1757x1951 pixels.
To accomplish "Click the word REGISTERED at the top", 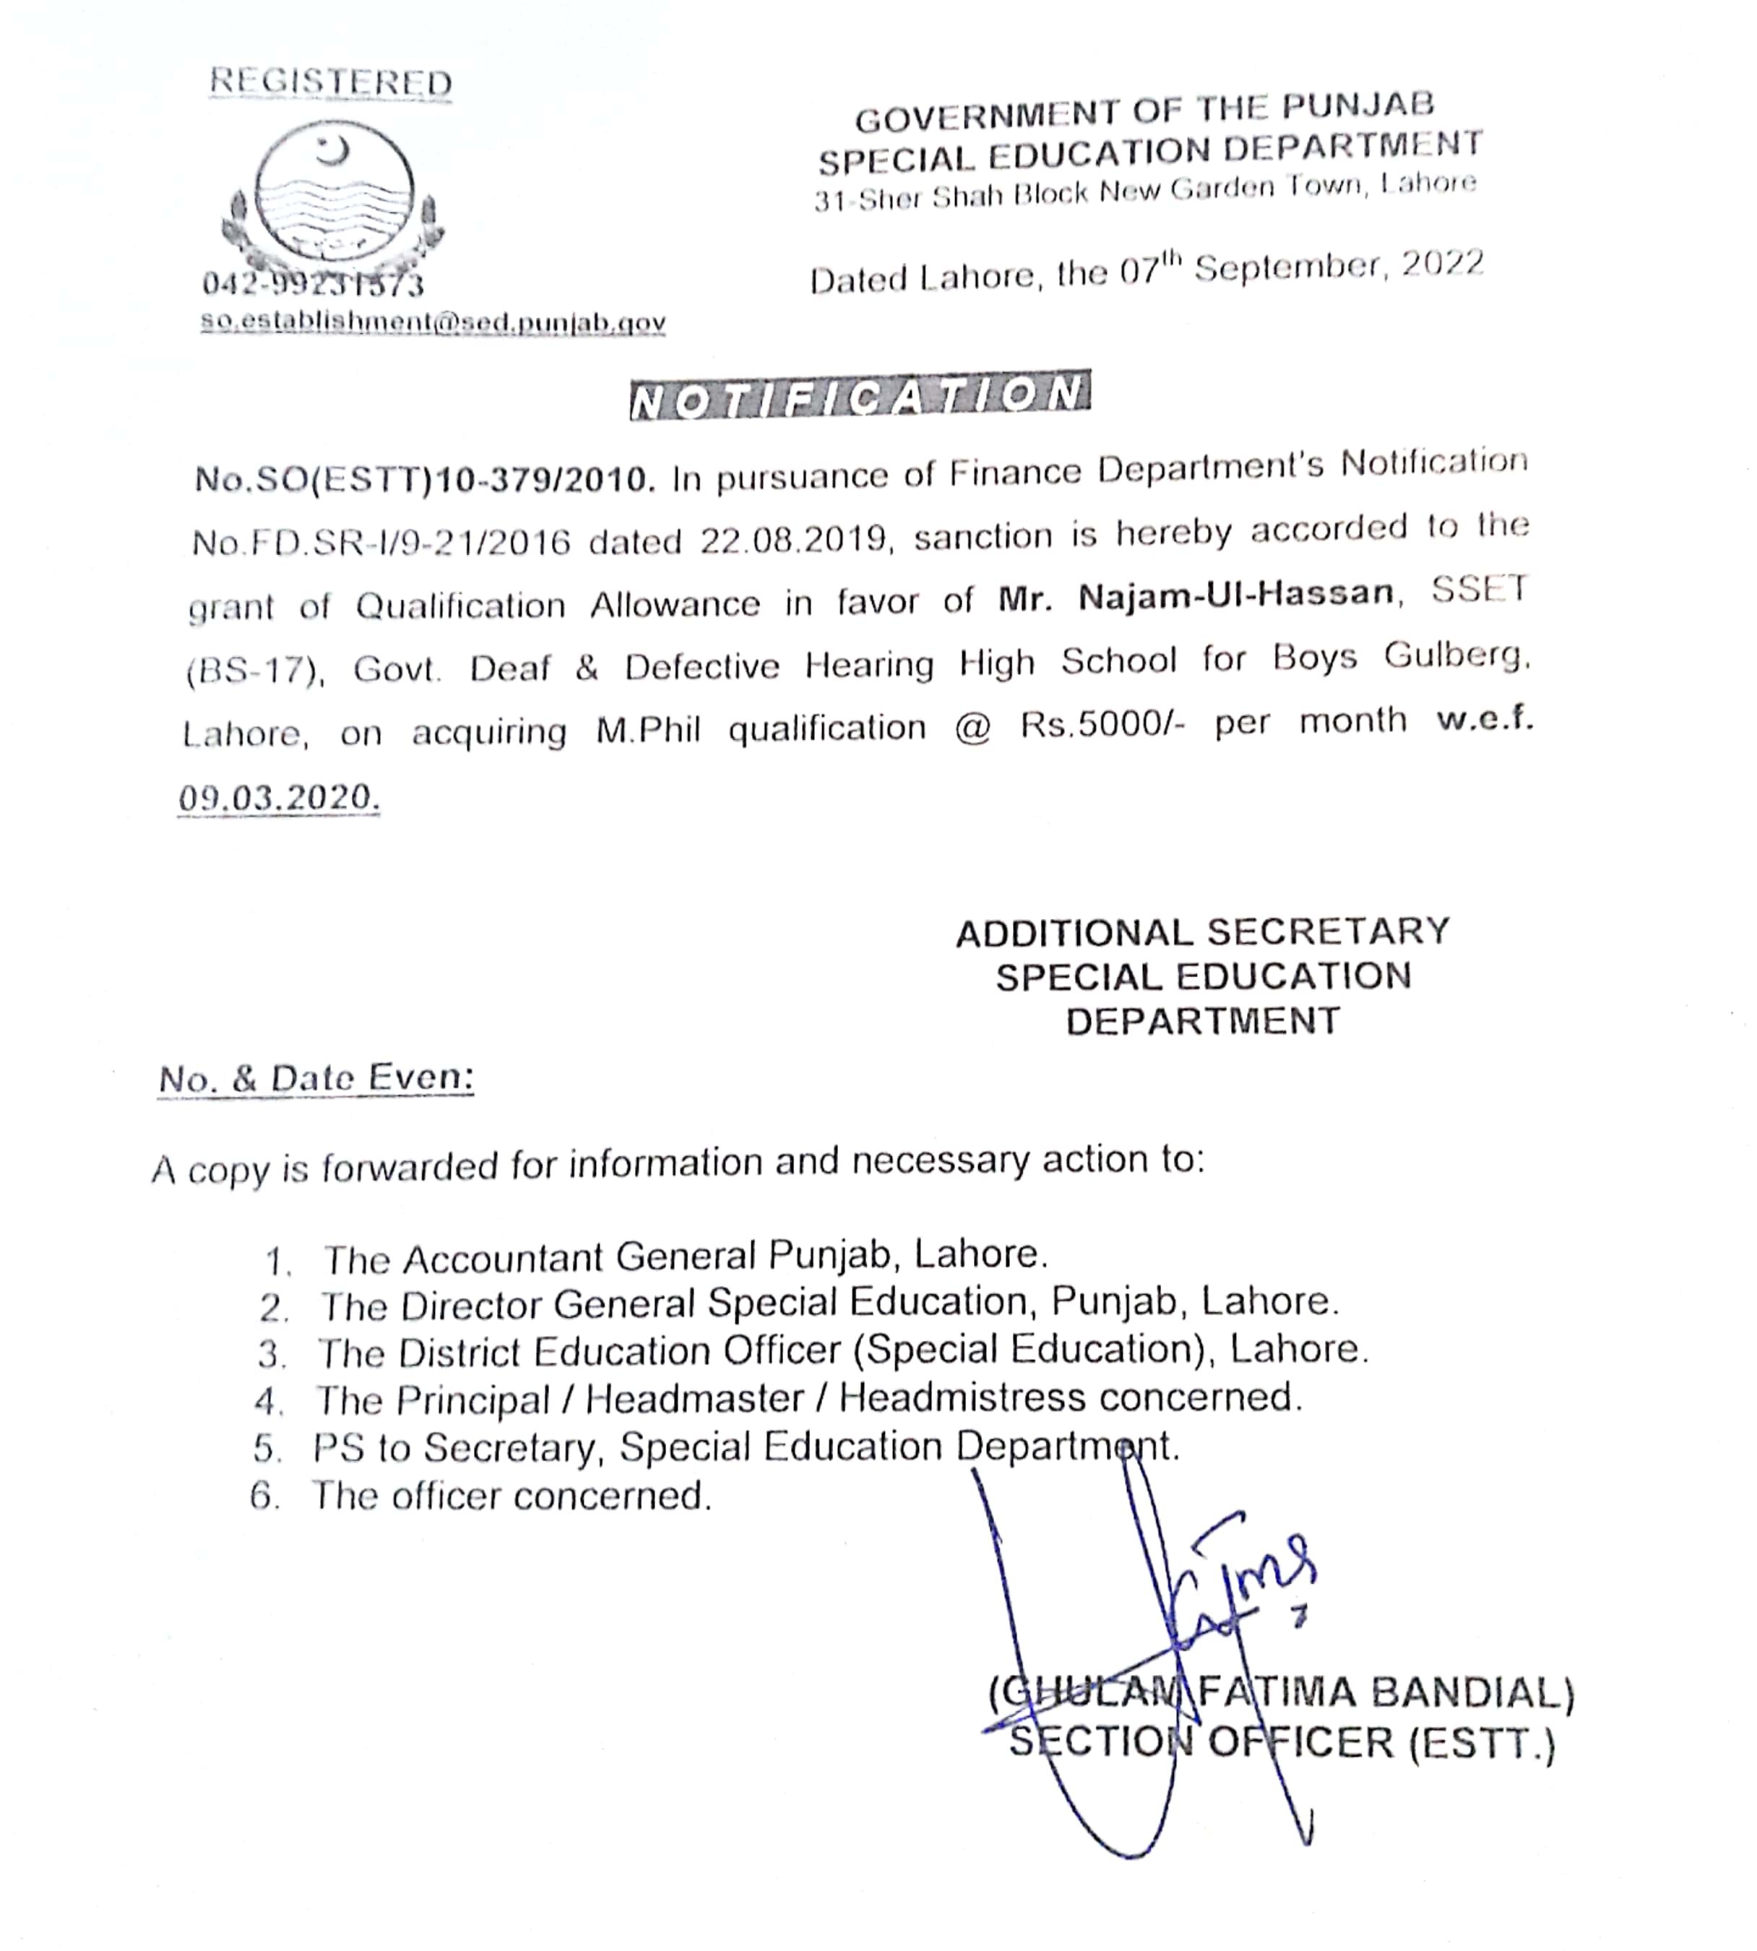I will coord(330,82).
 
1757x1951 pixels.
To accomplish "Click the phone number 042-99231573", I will coord(313,285).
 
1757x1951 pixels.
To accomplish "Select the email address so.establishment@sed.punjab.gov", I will coord(433,322).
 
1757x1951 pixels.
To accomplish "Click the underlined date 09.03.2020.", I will coord(278,798).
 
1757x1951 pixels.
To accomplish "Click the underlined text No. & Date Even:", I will coord(316,1078).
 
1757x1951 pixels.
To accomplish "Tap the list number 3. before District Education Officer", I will coord(272,1354).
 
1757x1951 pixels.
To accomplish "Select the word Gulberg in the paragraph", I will coord(1456,656).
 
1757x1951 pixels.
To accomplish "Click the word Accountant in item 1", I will coord(502,1259).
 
